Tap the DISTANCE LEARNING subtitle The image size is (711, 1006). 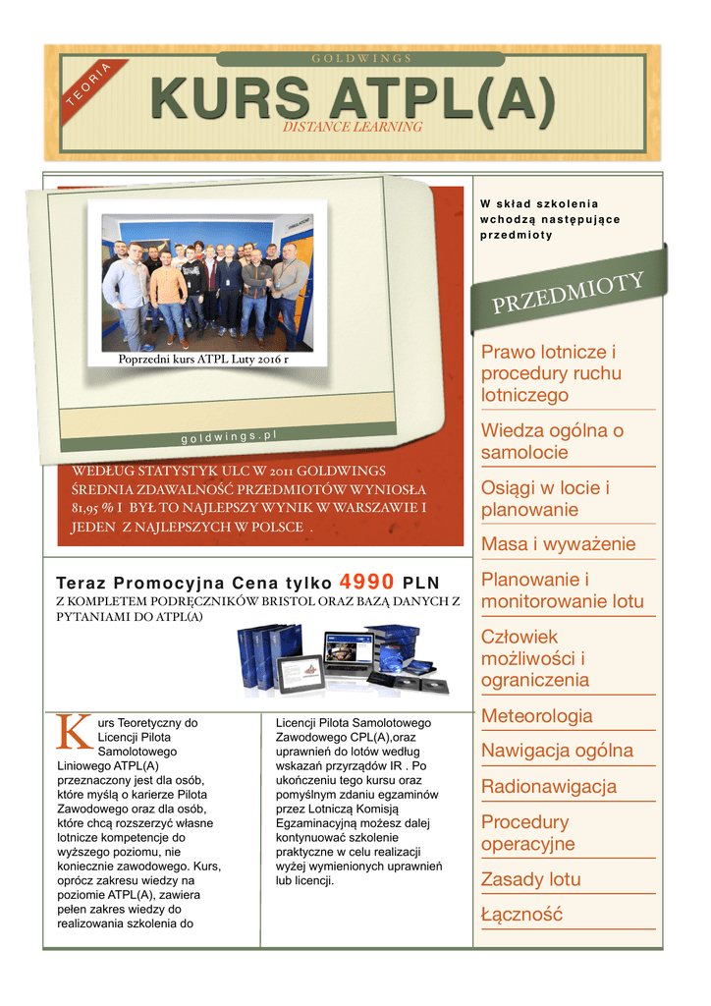(x=352, y=127)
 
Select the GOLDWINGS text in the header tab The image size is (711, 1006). (x=361, y=59)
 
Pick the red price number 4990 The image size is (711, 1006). (x=366, y=580)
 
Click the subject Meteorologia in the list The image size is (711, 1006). (x=536, y=716)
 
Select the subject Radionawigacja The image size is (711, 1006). (x=548, y=787)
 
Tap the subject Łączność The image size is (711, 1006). (x=521, y=915)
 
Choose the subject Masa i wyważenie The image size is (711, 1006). (x=558, y=544)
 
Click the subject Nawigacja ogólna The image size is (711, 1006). (x=556, y=752)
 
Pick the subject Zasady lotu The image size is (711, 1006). (x=530, y=879)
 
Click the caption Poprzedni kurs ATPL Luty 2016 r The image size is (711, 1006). (x=203, y=360)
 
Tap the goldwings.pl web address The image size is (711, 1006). (x=230, y=435)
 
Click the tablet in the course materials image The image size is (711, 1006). (x=301, y=673)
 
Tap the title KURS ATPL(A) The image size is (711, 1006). (x=353, y=100)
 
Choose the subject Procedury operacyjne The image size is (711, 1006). (x=527, y=833)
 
